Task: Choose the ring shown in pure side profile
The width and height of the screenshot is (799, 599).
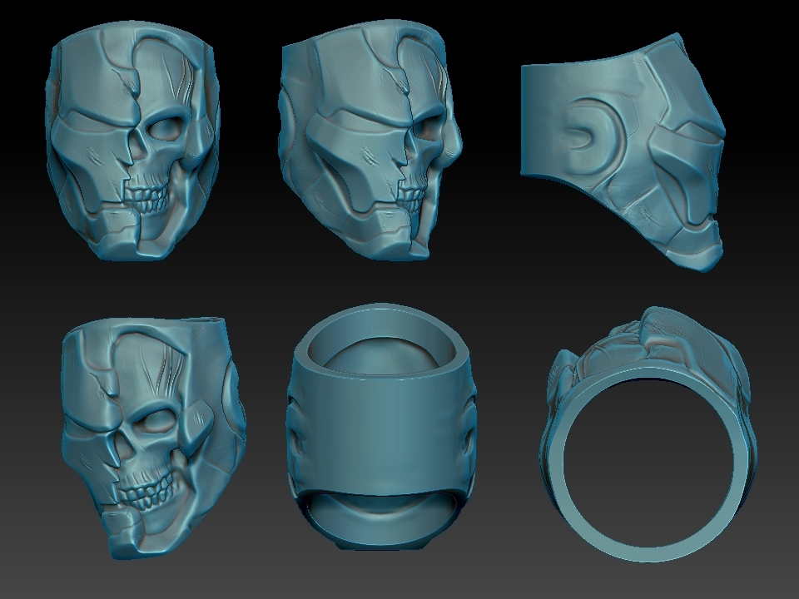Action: (x=624, y=154)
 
